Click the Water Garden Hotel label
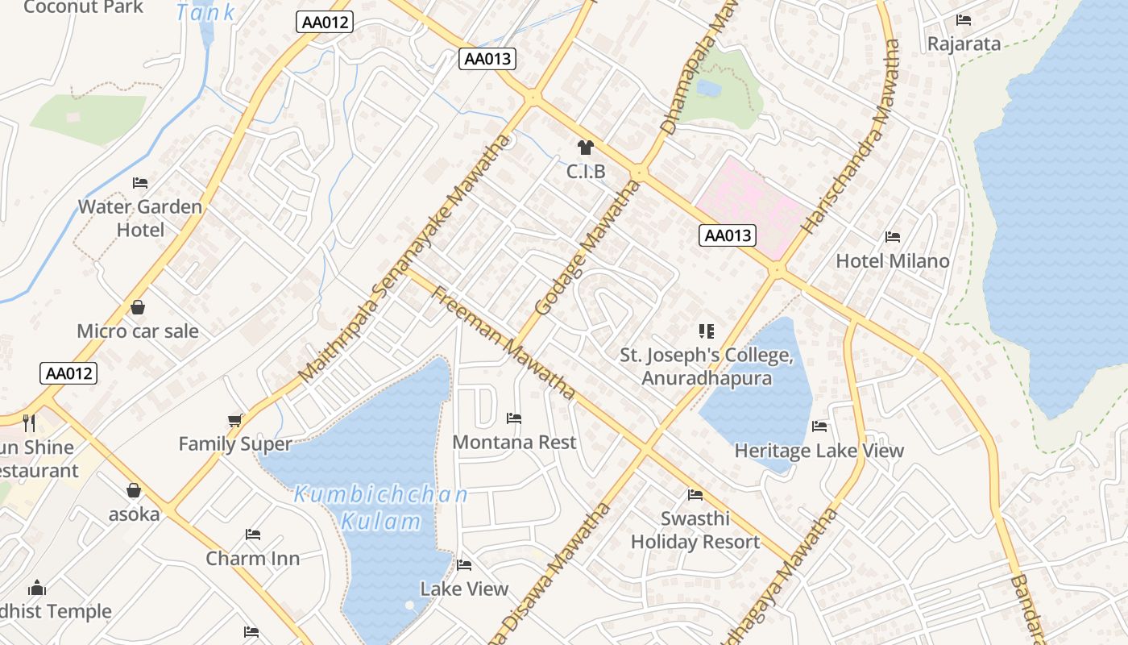pos(140,218)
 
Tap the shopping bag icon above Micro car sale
pos(138,307)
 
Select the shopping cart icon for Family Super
pos(235,420)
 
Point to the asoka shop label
pos(134,514)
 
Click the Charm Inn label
pos(252,558)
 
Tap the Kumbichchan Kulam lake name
pos(380,508)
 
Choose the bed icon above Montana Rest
pos(514,418)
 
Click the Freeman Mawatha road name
pos(504,342)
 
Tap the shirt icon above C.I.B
pos(585,148)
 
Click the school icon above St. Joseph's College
pos(707,331)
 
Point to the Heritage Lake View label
pos(819,451)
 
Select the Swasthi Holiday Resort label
pos(695,530)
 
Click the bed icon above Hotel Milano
pos(893,237)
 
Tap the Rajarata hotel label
pos(964,44)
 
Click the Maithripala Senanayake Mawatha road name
pos(404,258)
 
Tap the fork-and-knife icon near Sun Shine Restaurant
pos(29,423)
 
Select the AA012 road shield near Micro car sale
pos(68,373)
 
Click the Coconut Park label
pos(84,7)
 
